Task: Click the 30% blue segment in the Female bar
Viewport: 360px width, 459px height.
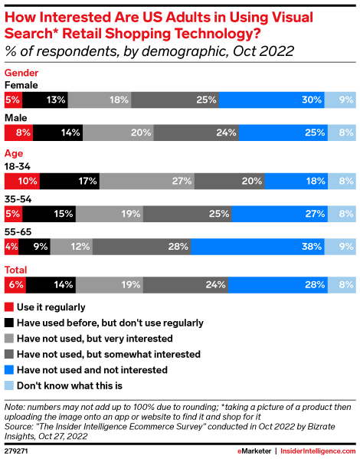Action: click(271, 99)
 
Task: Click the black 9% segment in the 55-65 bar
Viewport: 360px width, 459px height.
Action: click(34, 248)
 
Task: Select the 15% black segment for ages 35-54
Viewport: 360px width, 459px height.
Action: click(49, 215)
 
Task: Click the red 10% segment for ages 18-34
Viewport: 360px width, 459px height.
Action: click(22, 182)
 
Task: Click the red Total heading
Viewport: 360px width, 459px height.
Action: click(17, 270)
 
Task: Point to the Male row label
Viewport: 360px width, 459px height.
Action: click(16, 118)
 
